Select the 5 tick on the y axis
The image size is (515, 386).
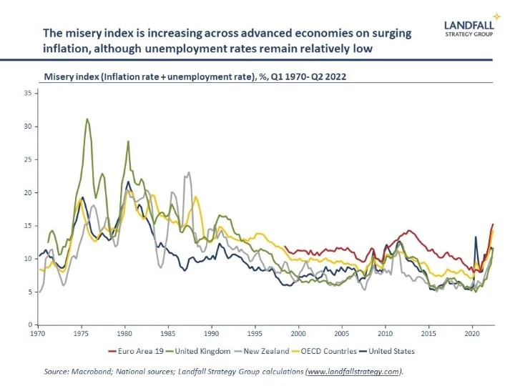coord(26,292)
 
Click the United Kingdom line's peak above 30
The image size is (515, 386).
coord(87,119)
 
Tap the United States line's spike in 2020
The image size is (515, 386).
coord(476,237)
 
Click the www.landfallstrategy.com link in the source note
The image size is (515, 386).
coord(351,372)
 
